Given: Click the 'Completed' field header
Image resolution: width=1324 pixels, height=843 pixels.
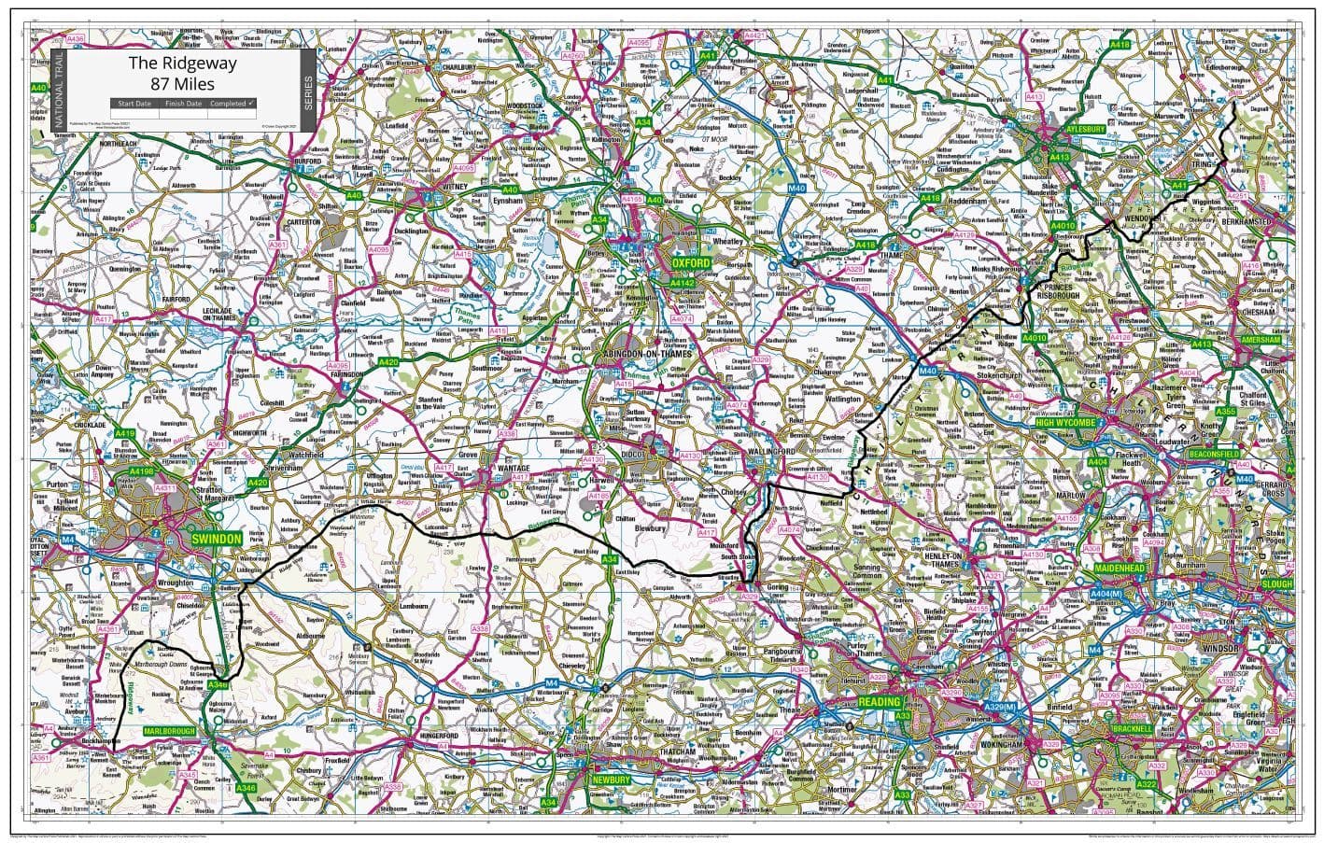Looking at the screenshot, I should pos(229,104).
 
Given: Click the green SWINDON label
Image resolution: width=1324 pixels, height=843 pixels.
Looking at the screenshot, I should pos(216,540).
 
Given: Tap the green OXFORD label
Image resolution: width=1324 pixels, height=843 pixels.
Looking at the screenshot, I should pos(692,264).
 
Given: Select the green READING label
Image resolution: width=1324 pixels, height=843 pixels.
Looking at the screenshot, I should pos(880,702).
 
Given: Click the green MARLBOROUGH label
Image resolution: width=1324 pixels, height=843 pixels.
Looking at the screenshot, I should pos(169,731).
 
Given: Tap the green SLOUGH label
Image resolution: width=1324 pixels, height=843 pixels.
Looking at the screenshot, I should pos(1276,584).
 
